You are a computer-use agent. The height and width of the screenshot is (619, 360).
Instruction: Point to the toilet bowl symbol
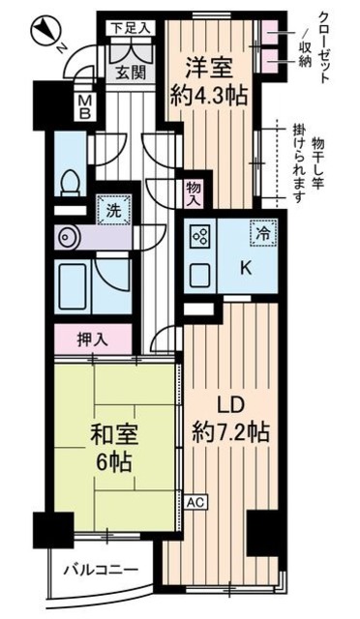point(68,182)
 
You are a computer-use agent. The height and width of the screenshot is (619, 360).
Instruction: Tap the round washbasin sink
point(66,236)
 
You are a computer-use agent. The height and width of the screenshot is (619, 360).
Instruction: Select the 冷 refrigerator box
point(262,233)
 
